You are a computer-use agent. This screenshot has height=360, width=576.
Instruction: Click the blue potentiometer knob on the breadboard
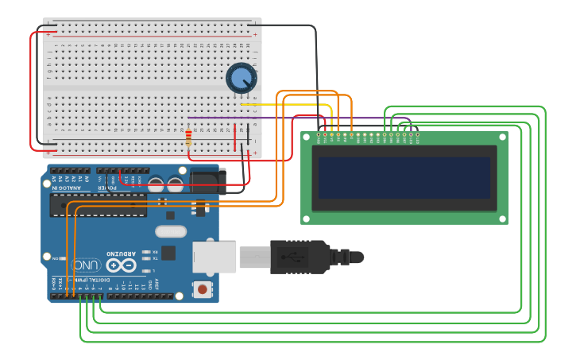241,78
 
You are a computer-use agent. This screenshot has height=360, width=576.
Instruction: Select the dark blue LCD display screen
404,177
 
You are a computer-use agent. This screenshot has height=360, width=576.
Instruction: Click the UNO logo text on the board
86,265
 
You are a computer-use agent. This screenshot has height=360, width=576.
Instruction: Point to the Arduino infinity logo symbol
122,265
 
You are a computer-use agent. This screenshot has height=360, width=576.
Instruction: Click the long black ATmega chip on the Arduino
99,205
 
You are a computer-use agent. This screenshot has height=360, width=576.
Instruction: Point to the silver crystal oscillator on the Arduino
170,232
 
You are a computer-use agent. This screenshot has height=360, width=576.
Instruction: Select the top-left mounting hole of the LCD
307,137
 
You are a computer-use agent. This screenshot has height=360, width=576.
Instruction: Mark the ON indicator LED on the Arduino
65,258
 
